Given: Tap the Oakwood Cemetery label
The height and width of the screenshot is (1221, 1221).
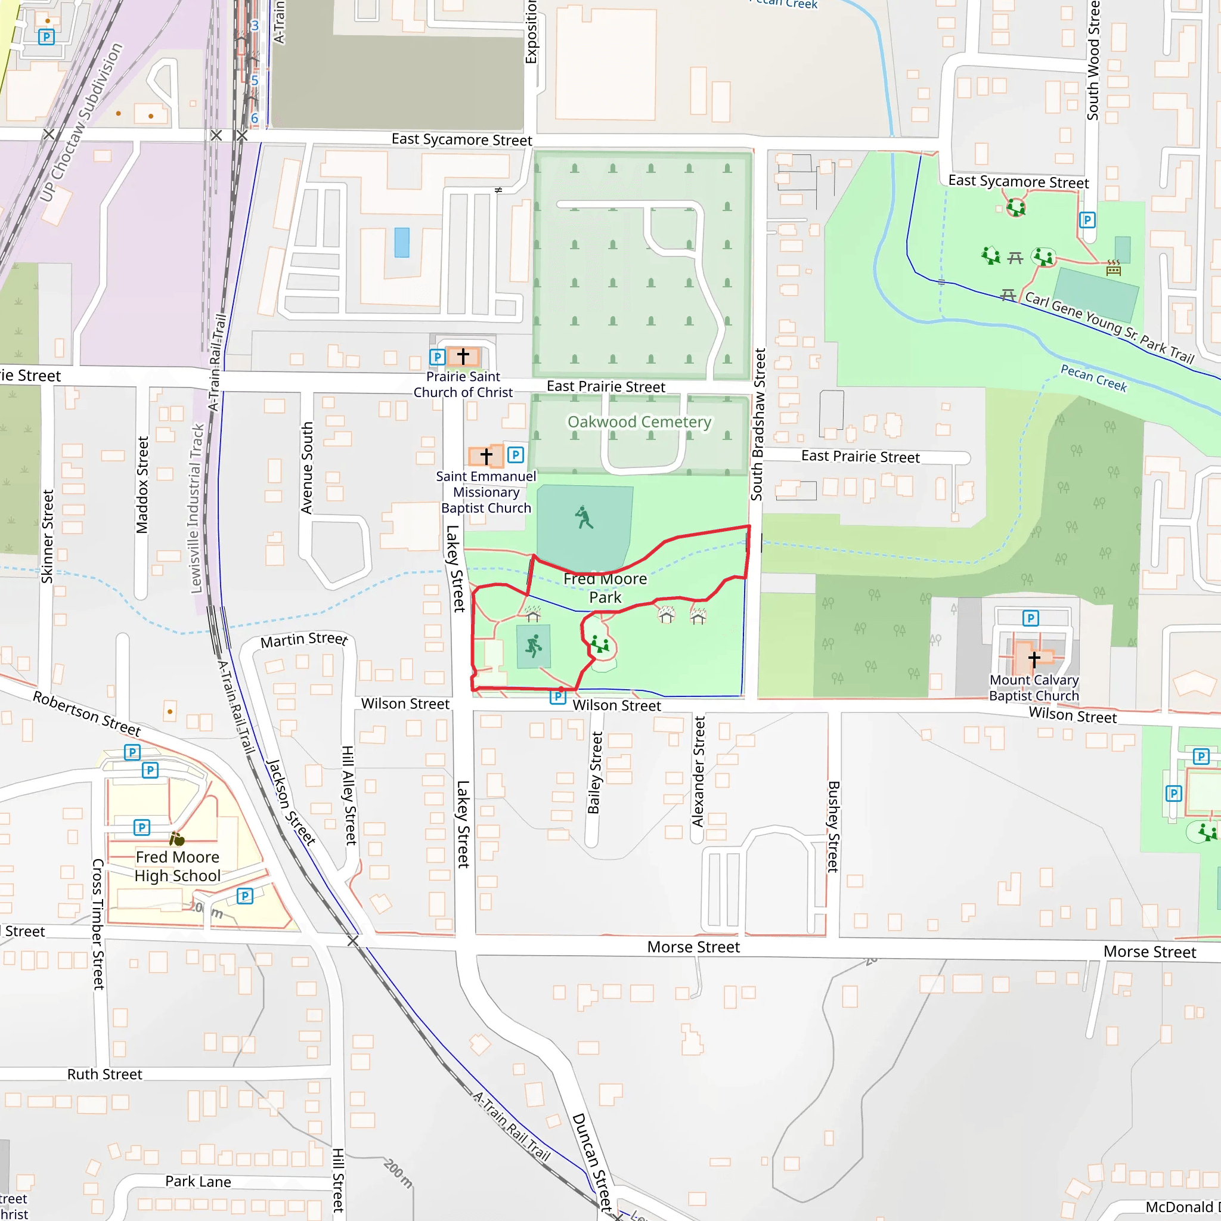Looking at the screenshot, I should pos(639,422).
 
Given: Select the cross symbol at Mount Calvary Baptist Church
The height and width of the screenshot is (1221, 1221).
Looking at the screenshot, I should pos(1034,660).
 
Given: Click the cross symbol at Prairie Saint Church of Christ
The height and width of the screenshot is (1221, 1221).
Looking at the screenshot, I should pos(463,356).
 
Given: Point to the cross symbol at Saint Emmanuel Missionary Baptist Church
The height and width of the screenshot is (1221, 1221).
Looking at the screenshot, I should pos(486,455).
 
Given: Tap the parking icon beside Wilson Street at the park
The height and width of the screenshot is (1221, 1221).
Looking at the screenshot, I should pos(557,696).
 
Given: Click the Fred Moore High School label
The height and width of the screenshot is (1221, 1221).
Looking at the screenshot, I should pos(178,866).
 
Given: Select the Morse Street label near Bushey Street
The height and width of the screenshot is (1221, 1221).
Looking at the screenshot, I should pos(693,947).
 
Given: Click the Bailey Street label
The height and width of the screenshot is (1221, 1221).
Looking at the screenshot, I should pos(594,772).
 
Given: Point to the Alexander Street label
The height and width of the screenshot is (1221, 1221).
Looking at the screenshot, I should pos(698,771).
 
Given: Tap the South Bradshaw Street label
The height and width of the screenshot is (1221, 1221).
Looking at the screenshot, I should pos(758,424).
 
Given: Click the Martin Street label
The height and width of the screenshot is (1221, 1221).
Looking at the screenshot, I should pos(304,640).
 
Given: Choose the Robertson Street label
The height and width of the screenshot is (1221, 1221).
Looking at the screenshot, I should pos(86,714).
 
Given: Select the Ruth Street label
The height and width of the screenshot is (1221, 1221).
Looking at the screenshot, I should pos(105,1074).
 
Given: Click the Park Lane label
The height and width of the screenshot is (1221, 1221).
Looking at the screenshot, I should pos(198,1182).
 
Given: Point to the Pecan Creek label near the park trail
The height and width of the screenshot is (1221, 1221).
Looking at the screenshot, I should pos(1093,378).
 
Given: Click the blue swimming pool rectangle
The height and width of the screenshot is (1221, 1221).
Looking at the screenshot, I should pos(402,243).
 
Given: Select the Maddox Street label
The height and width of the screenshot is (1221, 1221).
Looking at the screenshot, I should pos(142,485).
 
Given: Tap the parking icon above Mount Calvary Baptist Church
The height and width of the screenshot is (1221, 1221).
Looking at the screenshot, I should pos(1031,618).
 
